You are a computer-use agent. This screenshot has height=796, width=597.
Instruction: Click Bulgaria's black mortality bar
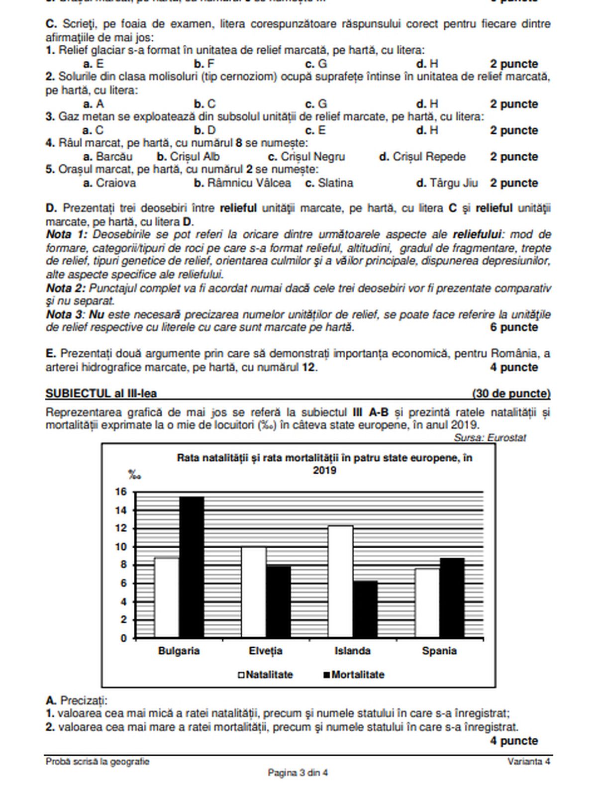click(192, 567)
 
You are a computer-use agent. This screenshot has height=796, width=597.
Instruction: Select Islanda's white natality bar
click(340, 582)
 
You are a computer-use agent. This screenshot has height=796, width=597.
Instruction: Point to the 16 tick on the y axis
click(121, 492)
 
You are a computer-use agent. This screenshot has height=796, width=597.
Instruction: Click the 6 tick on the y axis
click(123, 584)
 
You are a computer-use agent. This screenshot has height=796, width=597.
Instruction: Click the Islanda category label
click(352, 651)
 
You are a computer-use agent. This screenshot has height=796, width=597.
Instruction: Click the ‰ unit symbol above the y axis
click(134, 475)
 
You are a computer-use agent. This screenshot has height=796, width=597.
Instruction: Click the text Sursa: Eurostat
click(490, 438)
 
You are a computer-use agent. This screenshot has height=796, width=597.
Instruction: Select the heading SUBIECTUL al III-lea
click(101, 394)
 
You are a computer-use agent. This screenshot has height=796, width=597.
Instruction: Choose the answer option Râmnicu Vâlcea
click(242, 183)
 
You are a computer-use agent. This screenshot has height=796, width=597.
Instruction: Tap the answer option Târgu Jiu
click(447, 183)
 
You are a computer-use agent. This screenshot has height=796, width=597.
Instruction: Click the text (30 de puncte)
click(511, 394)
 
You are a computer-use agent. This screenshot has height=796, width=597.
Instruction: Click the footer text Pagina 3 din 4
click(298, 773)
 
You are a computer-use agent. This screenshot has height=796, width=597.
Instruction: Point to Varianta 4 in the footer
click(529, 762)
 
